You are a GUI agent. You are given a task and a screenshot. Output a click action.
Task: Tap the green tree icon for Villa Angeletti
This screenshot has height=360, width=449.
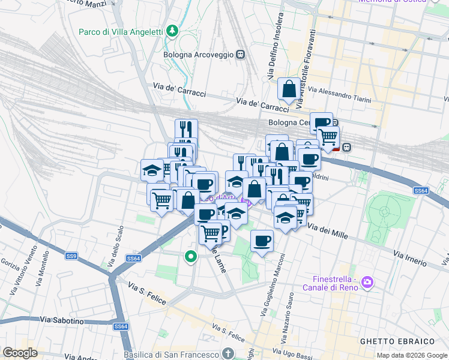point(173,30)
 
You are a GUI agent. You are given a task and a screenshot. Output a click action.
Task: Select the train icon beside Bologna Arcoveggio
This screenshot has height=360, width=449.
point(241,55)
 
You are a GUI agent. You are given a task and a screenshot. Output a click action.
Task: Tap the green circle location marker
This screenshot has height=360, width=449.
point(191,257)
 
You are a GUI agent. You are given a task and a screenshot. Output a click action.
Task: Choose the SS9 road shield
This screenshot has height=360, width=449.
point(72,256)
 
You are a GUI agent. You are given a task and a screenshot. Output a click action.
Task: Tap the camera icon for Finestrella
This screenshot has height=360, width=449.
point(367,282)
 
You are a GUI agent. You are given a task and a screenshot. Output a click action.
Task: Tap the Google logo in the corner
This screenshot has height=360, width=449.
point(20,353)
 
